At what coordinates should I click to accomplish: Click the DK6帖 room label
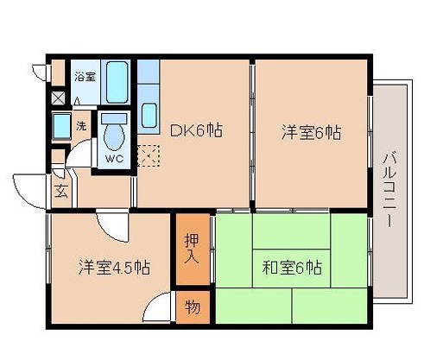[196, 130]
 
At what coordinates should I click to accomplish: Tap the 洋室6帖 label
[312, 132]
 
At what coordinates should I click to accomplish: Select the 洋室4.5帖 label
[114, 267]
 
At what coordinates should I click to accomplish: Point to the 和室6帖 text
[292, 268]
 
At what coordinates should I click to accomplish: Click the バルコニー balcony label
[389, 190]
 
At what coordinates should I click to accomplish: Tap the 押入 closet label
[192, 249]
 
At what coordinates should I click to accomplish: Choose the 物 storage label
[193, 306]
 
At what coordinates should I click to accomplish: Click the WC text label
[114, 158]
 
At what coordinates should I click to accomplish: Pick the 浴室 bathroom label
[85, 77]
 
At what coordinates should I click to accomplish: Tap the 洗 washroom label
[81, 126]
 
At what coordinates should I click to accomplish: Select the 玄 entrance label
[61, 191]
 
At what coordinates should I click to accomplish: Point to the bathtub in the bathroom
[117, 82]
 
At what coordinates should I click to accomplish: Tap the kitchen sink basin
[149, 115]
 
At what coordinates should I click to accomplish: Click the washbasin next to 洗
[61, 127]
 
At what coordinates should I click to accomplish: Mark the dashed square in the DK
[149, 155]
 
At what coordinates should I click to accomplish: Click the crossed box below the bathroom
[58, 98]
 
